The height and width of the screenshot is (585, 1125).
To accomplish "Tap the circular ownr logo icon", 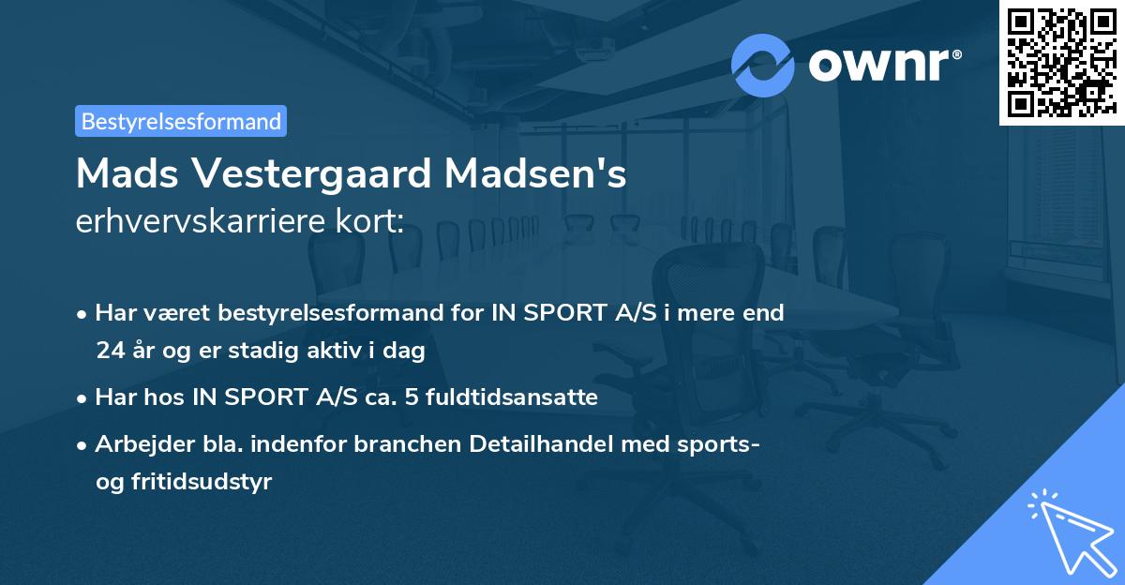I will (763, 66).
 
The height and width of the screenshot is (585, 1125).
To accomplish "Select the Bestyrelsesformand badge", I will (181, 121).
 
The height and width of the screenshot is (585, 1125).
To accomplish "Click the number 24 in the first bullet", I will (109, 351).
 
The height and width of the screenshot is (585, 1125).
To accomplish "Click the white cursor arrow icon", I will (1069, 532).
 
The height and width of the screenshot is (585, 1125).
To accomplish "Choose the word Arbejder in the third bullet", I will (136, 443).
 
